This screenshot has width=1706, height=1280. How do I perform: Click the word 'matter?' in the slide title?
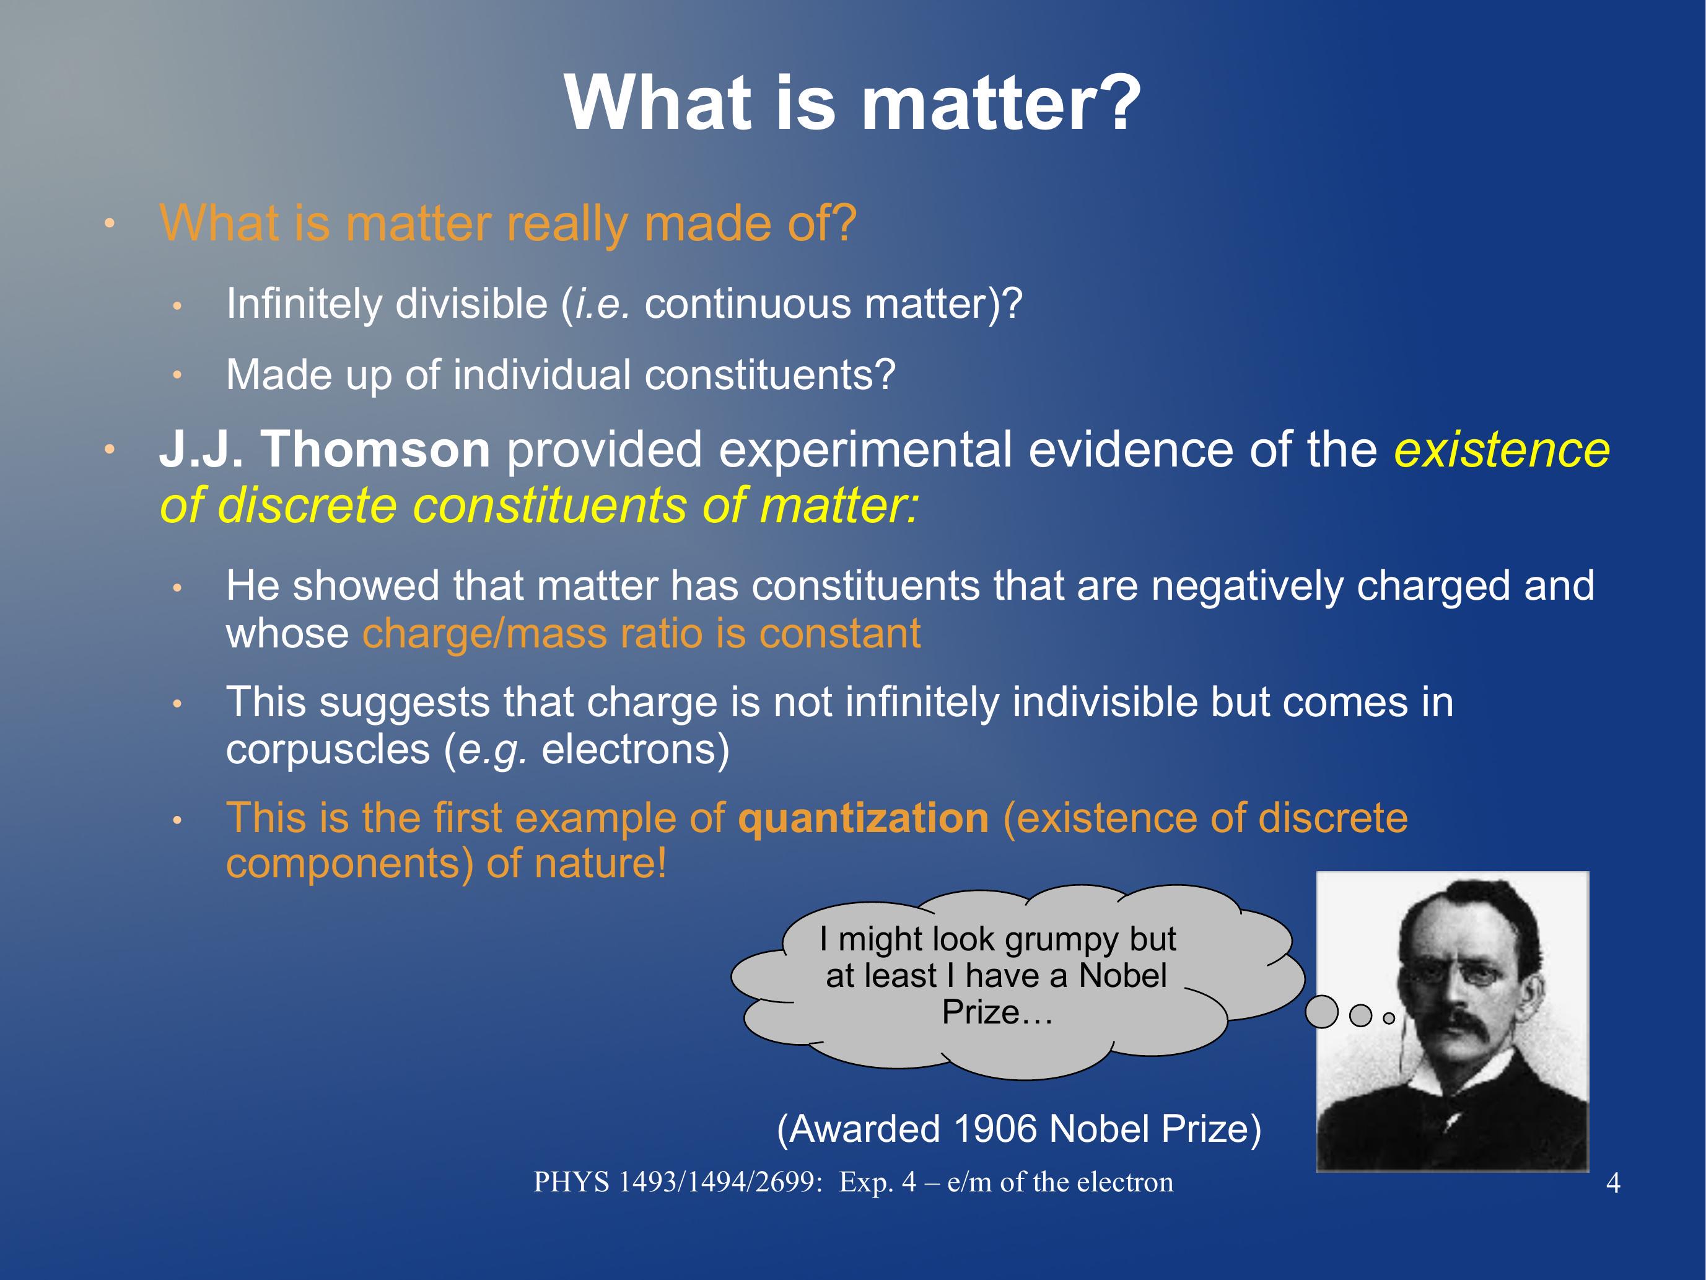click(1000, 103)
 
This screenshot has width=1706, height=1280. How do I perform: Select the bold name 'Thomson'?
click(375, 449)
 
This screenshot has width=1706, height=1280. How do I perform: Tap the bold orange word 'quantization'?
click(863, 818)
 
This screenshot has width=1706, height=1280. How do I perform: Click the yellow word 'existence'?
click(1502, 449)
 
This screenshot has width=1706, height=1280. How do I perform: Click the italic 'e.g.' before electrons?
click(493, 750)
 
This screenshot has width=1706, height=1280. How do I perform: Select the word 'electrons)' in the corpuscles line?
click(636, 750)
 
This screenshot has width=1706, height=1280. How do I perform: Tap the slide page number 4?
click(1612, 1183)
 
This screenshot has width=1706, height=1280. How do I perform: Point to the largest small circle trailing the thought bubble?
click(1321, 1012)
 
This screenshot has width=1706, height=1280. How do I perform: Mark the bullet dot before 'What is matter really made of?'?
click(110, 224)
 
